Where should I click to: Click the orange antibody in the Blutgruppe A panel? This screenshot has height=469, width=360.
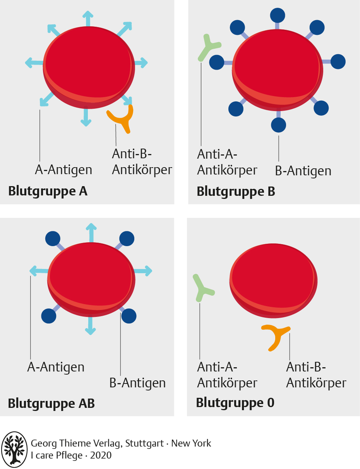[120, 119]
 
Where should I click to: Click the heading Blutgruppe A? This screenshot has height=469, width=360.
[48, 192]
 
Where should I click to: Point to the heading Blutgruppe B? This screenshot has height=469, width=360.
[236, 192]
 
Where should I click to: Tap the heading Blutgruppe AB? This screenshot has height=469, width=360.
[51, 403]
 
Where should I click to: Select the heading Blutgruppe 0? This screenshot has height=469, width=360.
[235, 403]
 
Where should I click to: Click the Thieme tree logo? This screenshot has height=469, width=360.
[14, 449]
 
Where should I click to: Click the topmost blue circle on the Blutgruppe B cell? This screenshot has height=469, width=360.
[278, 15]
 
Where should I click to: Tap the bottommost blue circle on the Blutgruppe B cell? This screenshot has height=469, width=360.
[278, 125]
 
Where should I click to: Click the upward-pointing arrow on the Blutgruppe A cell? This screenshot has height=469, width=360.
[88, 19]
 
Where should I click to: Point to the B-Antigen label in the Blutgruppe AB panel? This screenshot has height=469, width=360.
[137, 383]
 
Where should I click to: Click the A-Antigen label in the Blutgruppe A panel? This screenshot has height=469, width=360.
[63, 170]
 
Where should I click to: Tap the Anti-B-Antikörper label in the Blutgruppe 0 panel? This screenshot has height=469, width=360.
[316, 375]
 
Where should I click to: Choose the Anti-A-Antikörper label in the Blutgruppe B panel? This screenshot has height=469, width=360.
[227, 162]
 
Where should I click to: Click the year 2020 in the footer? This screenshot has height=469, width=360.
[101, 455]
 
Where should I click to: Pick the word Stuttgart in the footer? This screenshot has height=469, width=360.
[144, 443]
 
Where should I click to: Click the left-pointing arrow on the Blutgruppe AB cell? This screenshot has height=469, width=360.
[39, 271]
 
